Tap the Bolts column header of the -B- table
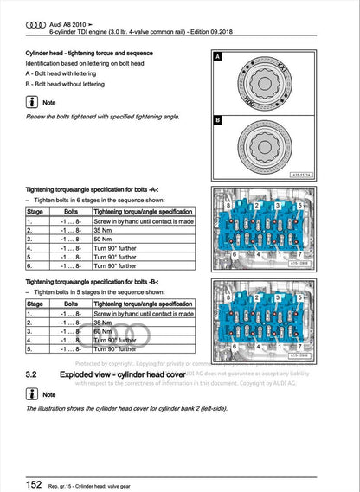click(x=72, y=304)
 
